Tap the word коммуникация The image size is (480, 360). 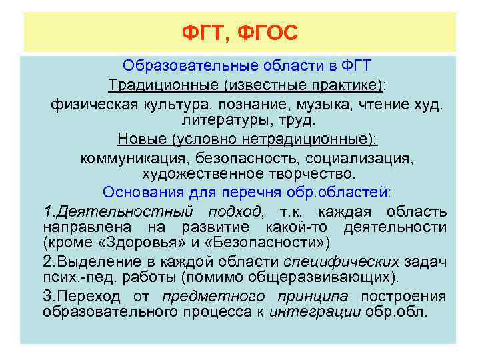135,158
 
